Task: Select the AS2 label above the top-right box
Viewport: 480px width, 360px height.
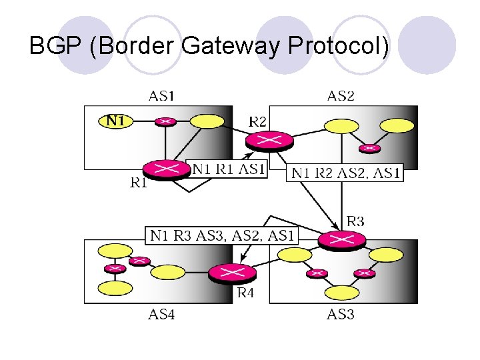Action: [341, 96]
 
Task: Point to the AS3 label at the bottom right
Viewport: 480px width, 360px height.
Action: [340, 314]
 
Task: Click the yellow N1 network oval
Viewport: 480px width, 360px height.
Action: [116, 121]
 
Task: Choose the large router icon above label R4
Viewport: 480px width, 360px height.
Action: [231, 273]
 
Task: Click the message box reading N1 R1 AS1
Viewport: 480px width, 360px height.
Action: [229, 170]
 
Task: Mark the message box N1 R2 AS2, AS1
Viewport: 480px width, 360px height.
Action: [345, 173]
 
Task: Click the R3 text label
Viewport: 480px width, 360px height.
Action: [355, 221]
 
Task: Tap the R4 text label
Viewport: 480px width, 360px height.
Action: [248, 291]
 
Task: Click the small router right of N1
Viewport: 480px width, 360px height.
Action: [165, 121]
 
